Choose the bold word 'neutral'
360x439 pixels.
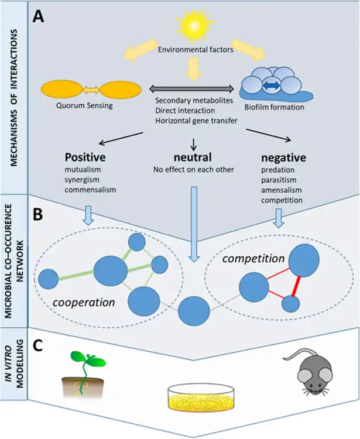click(x=193, y=158)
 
